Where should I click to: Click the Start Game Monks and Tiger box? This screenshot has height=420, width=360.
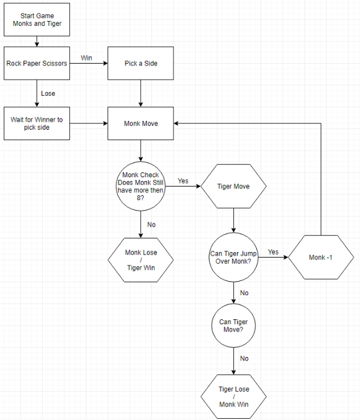[36, 20]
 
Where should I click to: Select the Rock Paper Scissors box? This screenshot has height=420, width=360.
[36, 63]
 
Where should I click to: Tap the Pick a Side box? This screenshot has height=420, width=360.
[141, 63]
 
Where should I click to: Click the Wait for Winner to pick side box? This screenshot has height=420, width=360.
[36, 124]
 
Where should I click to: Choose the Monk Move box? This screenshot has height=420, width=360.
[141, 124]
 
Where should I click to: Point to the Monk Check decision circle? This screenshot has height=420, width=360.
[141, 186]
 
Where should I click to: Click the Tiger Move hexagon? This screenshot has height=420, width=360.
[233, 186]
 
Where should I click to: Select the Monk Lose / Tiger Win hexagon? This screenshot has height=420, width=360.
[141, 260]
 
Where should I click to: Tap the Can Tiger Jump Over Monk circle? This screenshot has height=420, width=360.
[233, 257]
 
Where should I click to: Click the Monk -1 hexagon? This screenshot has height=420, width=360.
[321, 257]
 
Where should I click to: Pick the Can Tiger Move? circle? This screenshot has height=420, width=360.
[233, 325]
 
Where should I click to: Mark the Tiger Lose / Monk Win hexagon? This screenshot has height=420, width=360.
[233, 397]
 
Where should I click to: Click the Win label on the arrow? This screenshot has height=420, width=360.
[86, 58]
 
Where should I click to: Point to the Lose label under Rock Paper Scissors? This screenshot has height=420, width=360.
[48, 93]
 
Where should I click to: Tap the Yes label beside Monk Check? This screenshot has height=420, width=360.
[183, 181]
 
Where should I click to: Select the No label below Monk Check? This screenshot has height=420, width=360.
[151, 224]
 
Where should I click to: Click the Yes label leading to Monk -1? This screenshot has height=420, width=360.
[273, 252]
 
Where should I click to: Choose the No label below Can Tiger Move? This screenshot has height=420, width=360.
[245, 358]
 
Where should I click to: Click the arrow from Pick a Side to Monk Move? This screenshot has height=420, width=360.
[141, 93]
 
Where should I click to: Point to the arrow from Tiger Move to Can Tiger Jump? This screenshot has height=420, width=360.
[233, 220]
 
